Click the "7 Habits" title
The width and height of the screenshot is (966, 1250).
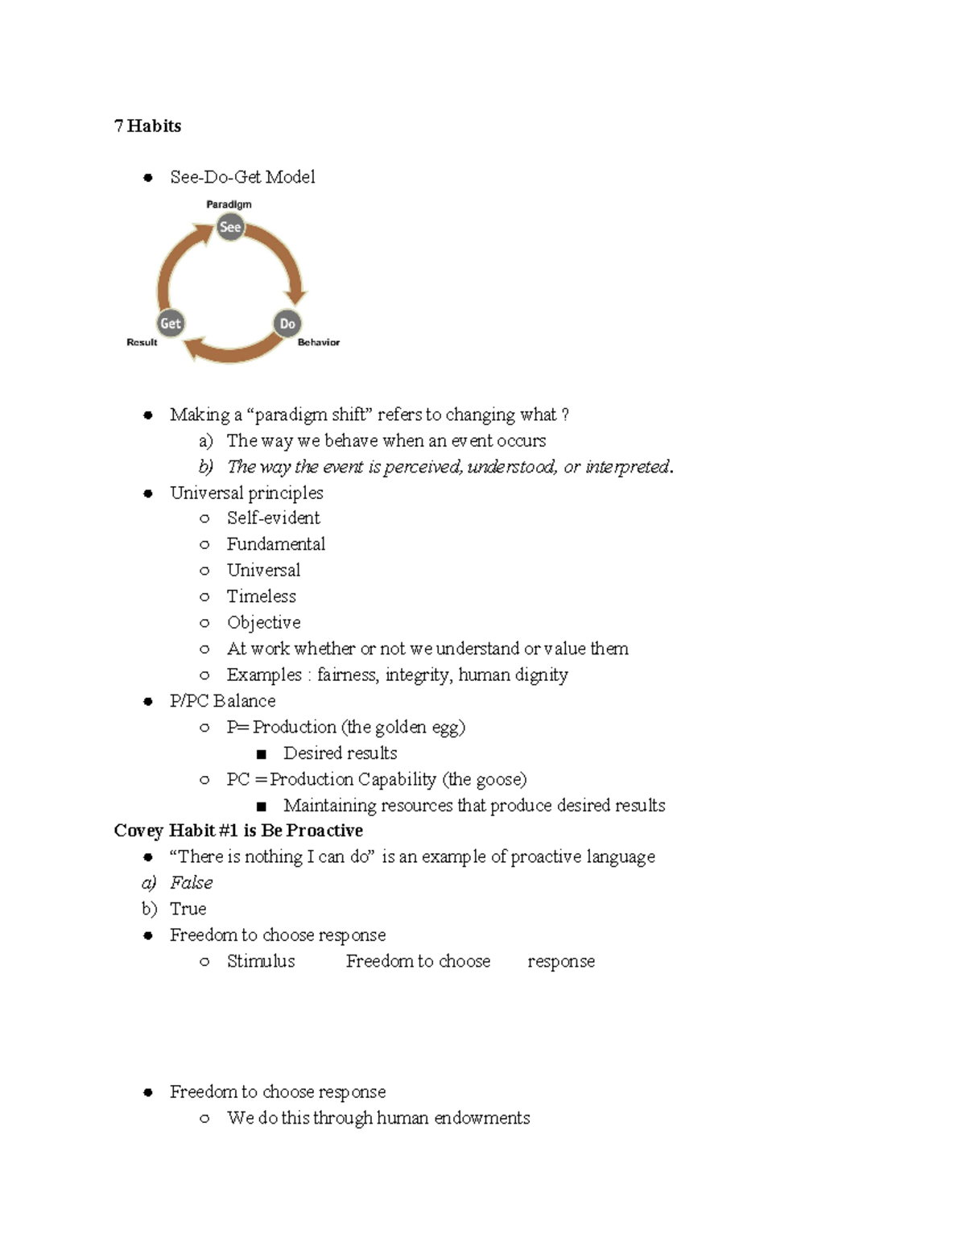pyautogui.click(x=147, y=126)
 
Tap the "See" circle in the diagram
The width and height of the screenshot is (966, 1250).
pyautogui.click(x=230, y=227)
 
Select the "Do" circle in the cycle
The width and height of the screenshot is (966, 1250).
pyautogui.click(x=287, y=324)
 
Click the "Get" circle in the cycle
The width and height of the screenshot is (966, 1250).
pyautogui.click(x=171, y=324)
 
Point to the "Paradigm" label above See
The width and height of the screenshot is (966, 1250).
pyautogui.click(x=229, y=204)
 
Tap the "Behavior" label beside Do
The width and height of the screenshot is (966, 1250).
pyautogui.click(x=319, y=342)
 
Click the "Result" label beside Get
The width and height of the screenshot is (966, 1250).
pyautogui.click(x=142, y=342)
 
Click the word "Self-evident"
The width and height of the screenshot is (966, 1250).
pyautogui.click(x=273, y=518)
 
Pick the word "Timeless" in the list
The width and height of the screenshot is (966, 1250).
pyautogui.click(x=261, y=596)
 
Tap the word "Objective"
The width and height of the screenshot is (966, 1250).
pyautogui.click(x=263, y=622)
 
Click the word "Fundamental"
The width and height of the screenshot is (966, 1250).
pyautogui.click(x=275, y=544)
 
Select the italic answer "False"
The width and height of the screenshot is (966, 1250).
pyautogui.click(x=192, y=883)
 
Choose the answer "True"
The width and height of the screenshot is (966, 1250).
pyautogui.click(x=188, y=909)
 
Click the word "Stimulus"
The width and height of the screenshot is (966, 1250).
pyautogui.click(x=261, y=961)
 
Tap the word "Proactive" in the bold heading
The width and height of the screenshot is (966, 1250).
pyautogui.click(x=324, y=831)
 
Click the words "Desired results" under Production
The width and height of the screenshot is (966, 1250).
pyautogui.click(x=340, y=753)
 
